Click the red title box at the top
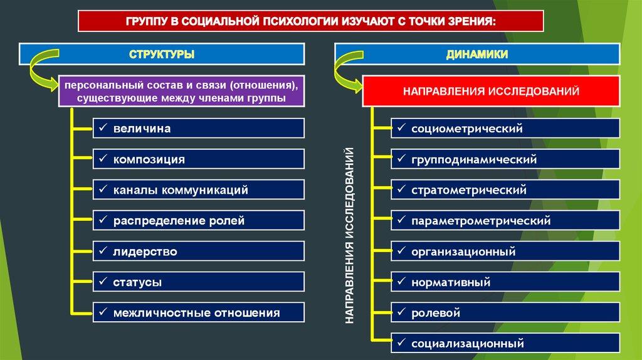311,21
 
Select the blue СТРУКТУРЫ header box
162,55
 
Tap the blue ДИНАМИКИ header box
476,55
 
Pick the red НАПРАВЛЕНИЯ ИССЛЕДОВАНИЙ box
492,92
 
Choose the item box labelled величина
199,129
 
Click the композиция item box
199,159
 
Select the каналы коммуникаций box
199,189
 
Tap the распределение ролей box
199,220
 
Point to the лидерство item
199,251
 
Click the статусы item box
199,282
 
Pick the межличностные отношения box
199,312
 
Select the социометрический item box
505,129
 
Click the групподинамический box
505,159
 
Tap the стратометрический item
505,189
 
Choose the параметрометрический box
505,220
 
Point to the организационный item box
505,251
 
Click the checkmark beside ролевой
401,312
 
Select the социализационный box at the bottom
505,343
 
